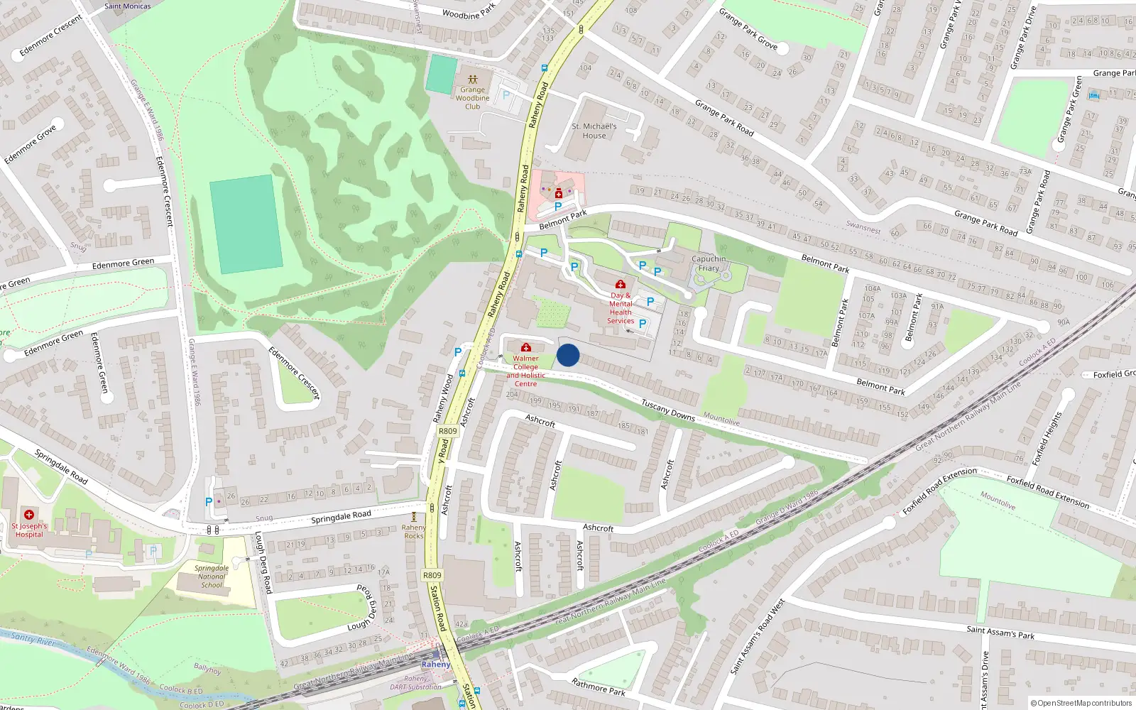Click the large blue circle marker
pos(568,355)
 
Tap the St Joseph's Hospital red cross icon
pos(29,515)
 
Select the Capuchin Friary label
pos(709,263)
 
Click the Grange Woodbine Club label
pos(473,98)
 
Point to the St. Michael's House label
pos(594,131)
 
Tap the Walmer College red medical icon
pos(526,347)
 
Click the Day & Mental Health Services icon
pos(621,285)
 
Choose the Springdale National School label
pos(212,577)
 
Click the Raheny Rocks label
pos(414,531)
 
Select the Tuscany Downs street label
pos(667,410)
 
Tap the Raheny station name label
pos(435,665)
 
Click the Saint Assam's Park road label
pos(1000,632)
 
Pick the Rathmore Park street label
pos(599,687)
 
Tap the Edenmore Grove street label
pos(30,145)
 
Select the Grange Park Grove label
pos(748,29)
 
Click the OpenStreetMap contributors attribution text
pos(1081,703)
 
